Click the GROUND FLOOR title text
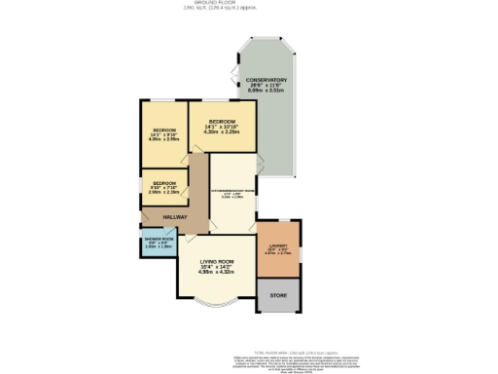click(249, 4)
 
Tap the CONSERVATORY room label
click(266, 80)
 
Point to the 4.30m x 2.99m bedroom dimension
click(164, 138)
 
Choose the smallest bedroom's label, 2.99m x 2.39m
click(163, 192)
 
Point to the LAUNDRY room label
click(278, 247)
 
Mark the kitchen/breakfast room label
click(232, 190)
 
